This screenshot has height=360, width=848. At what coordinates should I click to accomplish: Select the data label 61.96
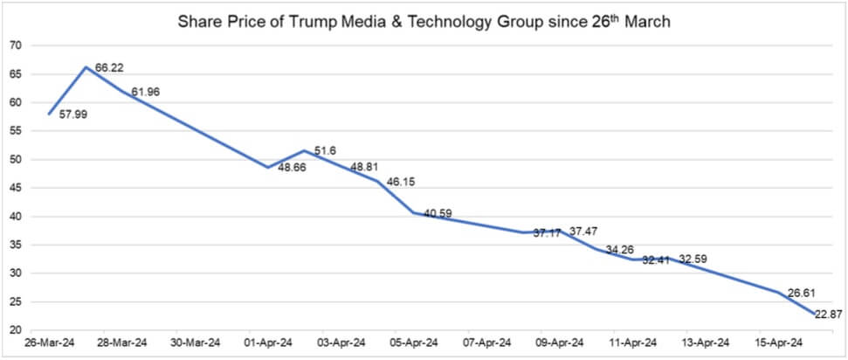pos(146,91)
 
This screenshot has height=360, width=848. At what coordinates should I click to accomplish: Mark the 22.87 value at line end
pos(829,314)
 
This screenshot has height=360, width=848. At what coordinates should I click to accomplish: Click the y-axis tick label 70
pos(15,45)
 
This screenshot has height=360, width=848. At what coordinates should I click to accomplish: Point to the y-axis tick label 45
pos(15,188)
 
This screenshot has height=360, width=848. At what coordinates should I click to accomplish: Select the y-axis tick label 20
pos(15,330)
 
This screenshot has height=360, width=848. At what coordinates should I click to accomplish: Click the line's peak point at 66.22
pos(86,66)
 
